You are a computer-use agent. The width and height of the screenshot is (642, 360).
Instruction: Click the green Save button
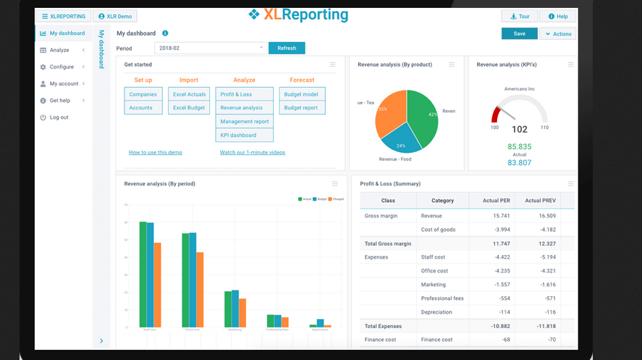(x=519, y=33)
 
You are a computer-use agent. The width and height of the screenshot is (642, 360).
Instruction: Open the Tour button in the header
(x=519, y=16)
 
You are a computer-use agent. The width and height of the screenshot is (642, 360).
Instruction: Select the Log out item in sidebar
(x=59, y=117)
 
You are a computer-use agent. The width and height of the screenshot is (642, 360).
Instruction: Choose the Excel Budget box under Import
(x=189, y=108)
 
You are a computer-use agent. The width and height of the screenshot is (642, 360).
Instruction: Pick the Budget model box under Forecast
(x=302, y=94)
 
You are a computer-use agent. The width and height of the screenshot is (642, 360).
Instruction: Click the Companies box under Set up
(x=143, y=94)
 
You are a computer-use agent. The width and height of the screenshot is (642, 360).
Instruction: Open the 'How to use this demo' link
(x=156, y=153)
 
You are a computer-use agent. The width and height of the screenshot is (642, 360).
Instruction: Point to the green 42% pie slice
(x=423, y=116)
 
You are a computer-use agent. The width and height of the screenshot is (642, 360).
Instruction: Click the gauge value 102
(x=519, y=130)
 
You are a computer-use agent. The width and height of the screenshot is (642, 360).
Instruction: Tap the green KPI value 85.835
(x=519, y=146)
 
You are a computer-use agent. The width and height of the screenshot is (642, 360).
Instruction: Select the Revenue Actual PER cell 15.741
(x=502, y=216)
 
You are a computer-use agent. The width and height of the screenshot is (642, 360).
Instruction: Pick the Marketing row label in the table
(x=433, y=285)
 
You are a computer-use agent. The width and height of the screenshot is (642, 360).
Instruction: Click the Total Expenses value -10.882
(x=499, y=326)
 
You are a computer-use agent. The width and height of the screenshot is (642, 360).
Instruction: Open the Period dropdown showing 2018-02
(x=211, y=48)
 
